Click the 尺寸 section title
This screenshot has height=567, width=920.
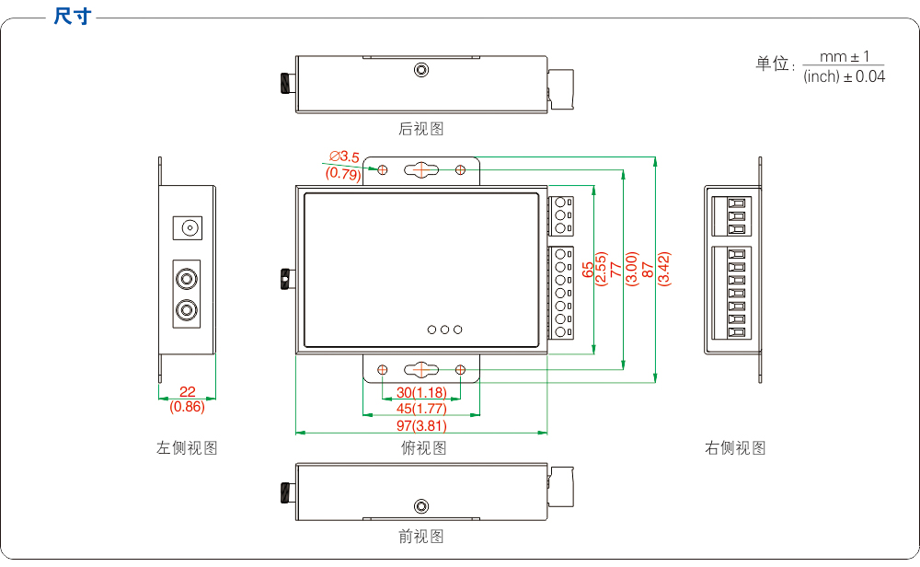73,17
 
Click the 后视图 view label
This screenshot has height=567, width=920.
421,129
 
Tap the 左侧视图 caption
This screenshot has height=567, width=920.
187,448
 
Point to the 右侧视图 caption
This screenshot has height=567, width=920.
735,448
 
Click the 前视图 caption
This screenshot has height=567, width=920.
421,536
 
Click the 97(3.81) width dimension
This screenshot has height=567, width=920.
421,425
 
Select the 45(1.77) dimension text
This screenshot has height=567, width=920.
421,409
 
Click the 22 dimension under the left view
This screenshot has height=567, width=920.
188,392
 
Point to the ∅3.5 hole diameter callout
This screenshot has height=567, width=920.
344,157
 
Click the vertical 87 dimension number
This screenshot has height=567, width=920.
648,269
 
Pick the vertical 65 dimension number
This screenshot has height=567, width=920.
588,269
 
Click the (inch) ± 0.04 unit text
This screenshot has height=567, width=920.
844,77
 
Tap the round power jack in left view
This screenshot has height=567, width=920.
188,226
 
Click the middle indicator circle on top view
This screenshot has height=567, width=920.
444,329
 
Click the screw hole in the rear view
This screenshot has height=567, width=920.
421,70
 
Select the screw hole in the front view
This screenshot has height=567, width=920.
421,505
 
